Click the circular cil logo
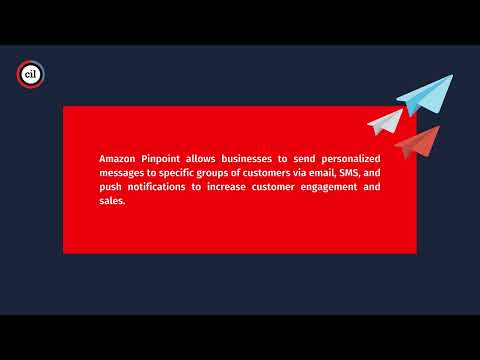tap(30, 73)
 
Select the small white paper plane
tap(385, 122)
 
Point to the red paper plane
tap(418, 143)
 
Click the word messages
tap(124, 173)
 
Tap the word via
tap(298, 173)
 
